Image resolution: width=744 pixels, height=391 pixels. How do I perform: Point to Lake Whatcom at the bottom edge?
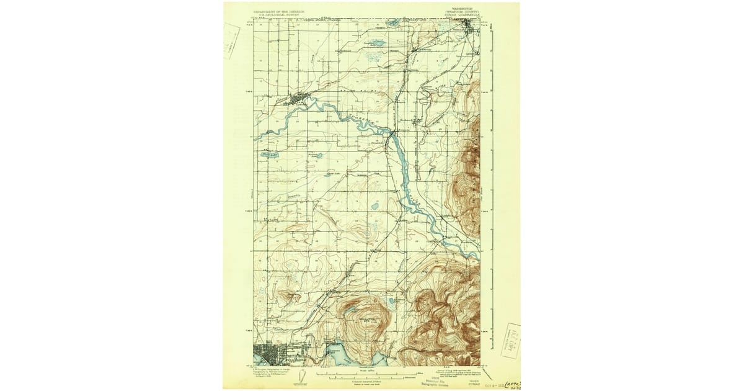pos(341,355)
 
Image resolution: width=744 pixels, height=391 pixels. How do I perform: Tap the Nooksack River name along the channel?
pos(360,119)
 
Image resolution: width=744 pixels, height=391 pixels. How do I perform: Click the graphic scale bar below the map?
pos(366,375)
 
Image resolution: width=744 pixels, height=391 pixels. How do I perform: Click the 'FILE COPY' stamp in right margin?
pos(510,341)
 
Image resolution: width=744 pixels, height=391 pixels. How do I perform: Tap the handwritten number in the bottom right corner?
pos(511,385)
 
